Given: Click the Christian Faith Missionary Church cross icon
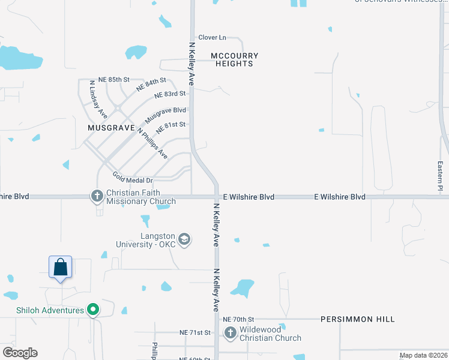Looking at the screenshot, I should click(97, 196).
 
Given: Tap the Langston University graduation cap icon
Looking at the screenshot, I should click(184, 240).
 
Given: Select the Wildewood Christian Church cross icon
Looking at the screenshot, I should click(230, 332).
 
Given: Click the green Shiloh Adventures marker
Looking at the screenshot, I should click(92, 310).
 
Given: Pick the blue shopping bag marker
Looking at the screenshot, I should click(61, 267).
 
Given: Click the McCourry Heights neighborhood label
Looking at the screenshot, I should click(235, 59).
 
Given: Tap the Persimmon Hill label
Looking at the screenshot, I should click(357, 319).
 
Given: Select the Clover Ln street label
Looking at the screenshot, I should click(212, 37).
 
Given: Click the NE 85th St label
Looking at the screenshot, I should click(114, 80).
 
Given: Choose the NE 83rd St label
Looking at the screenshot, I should click(170, 95).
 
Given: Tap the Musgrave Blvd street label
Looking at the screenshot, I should click(165, 115).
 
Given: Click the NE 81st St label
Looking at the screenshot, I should click(171, 127).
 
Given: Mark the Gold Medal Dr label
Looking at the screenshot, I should click(133, 178).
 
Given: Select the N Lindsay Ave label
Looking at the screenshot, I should click(98, 99).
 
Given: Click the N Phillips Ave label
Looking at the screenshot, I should click(152, 143).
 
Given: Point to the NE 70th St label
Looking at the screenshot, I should click(238, 319).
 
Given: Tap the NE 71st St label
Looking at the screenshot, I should click(194, 332).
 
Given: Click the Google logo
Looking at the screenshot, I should click(20, 353).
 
